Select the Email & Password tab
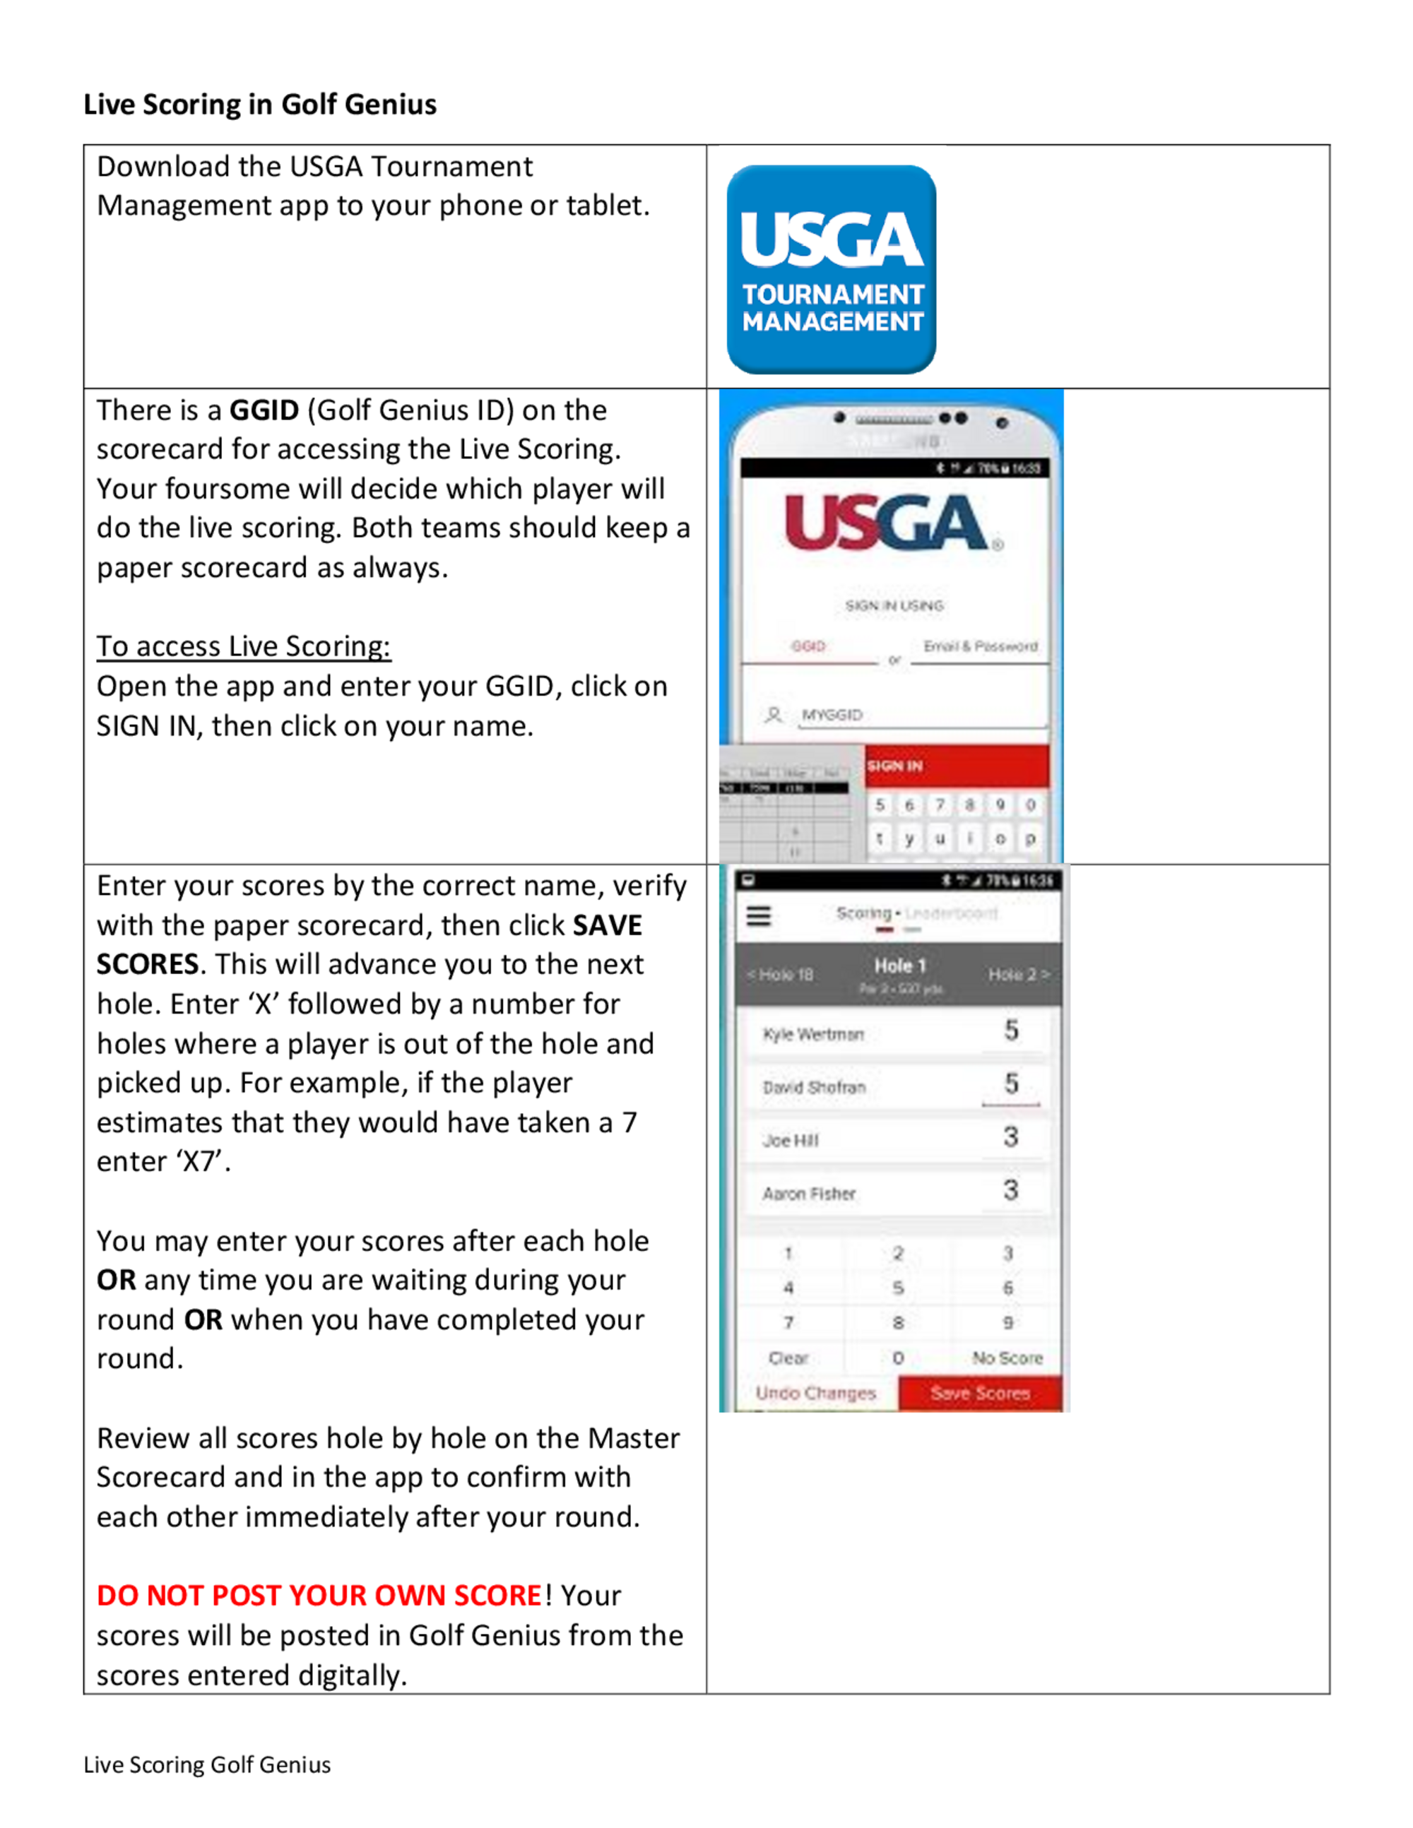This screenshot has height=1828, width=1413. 979,646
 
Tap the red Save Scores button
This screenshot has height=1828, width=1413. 979,1394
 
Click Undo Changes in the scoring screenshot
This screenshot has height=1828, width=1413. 815,1394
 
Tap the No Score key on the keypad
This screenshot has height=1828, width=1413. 1006,1358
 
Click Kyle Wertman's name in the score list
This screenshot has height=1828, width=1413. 812,1035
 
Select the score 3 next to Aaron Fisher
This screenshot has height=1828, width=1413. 1010,1190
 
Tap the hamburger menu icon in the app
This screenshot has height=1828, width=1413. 758,917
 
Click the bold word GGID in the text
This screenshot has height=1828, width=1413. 264,410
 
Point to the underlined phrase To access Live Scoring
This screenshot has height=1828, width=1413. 243,646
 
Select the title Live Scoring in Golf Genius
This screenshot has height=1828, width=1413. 259,105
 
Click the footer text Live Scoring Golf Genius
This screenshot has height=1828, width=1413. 207,1764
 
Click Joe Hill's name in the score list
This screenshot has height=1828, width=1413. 790,1141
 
